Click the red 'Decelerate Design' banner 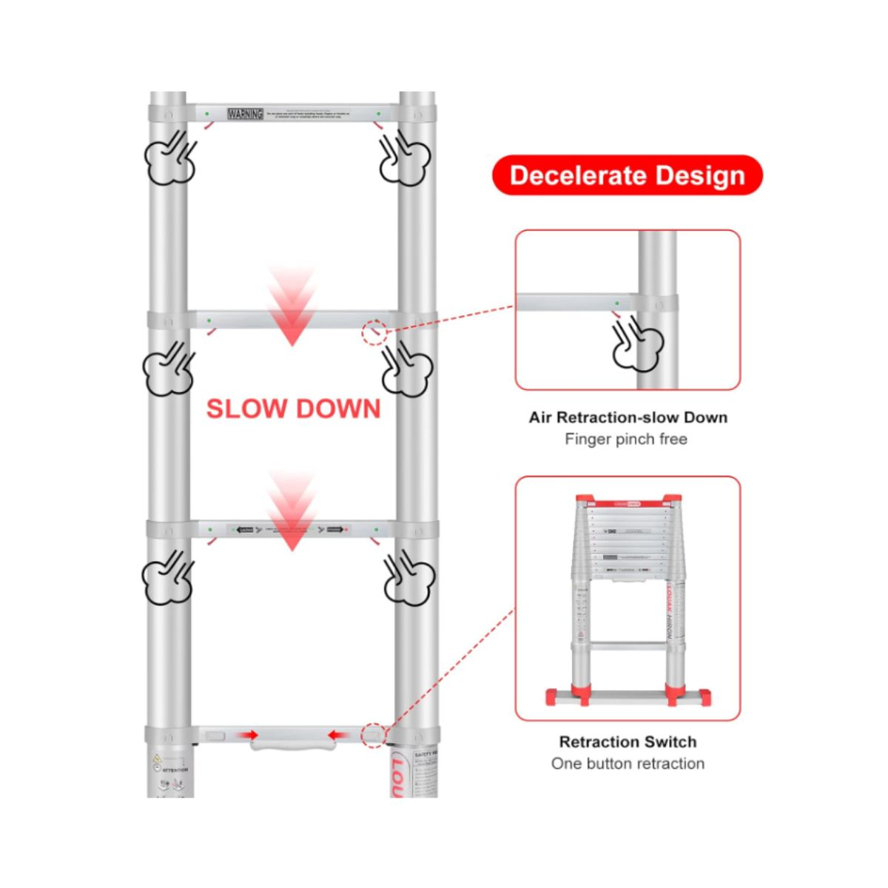(627, 175)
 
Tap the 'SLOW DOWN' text (293, 409)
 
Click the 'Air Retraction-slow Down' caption (628, 417)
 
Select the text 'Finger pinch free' (626, 440)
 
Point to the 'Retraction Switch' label (628, 741)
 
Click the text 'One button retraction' (628, 764)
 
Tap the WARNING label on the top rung (245, 114)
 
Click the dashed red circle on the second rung (374, 332)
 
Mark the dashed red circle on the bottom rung (374, 735)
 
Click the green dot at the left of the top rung (207, 114)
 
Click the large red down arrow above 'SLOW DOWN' (292, 307)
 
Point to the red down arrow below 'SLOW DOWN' (292, 511)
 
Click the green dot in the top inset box (617, 303)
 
